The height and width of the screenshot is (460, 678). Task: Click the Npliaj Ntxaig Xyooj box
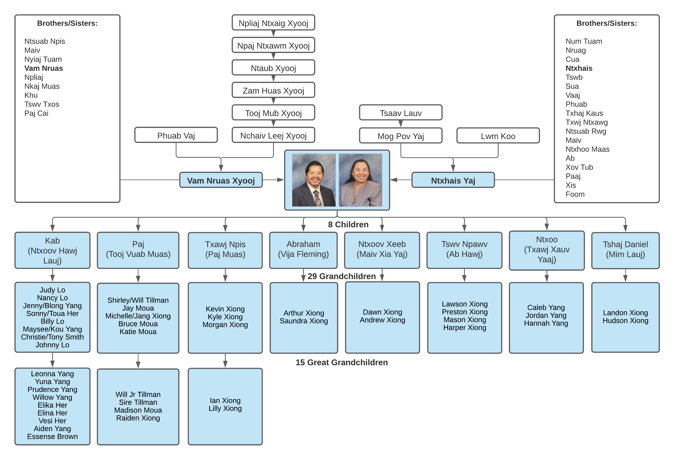(273, 23)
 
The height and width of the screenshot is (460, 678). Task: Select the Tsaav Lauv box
(401, 113)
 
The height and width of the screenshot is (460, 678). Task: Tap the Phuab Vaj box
(176, 135)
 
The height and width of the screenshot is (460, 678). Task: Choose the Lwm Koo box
(498, 136)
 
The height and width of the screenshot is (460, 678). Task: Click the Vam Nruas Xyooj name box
(221, 180)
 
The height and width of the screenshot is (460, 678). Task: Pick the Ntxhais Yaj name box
(453, 180)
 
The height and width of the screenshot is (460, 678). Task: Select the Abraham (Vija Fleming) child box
(303, 249)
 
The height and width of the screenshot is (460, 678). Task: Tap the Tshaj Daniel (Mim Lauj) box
(625, 249)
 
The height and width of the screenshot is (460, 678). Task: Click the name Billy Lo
(53, 321)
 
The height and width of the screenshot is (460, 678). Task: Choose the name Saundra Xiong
(304, 321)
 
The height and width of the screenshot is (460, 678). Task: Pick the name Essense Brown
(53, 437)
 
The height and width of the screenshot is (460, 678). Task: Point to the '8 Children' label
(348, 225)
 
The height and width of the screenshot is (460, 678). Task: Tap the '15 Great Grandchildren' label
(342, 362)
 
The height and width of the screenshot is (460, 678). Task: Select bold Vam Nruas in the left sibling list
(44, 68)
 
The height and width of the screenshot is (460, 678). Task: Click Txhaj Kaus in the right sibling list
(584, 113)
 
